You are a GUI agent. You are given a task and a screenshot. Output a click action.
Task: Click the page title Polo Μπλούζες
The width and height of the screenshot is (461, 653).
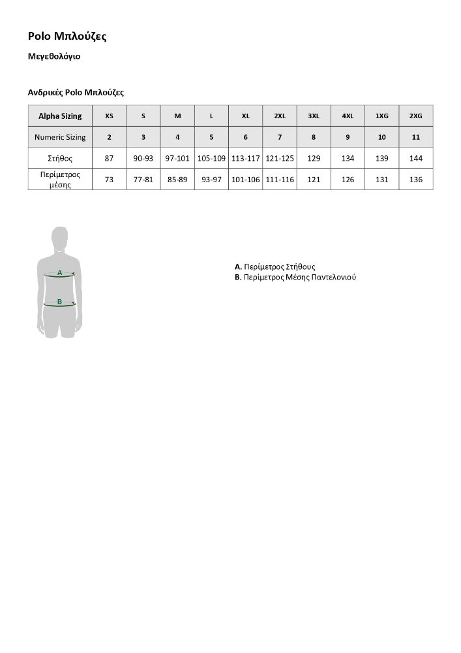(x=67, y=37)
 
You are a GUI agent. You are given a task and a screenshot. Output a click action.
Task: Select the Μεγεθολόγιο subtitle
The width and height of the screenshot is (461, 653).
(x=54, y=57)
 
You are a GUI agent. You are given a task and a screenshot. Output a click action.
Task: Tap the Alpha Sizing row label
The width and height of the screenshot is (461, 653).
(x=60, y=116)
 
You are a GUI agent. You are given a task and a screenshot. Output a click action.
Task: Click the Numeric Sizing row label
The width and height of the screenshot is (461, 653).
(x=60, y=137)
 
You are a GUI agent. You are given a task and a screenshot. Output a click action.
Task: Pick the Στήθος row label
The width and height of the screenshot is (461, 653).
(x=60, y=159)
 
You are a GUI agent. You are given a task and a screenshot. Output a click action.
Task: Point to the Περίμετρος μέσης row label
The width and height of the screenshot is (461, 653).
(x=60, y=180)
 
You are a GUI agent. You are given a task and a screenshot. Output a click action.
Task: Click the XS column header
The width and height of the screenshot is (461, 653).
(x=109, y=116)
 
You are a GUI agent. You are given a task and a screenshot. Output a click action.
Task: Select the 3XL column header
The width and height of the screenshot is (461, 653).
(x=314, y=116)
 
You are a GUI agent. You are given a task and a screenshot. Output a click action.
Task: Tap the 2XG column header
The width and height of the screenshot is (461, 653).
(x=415, y=116)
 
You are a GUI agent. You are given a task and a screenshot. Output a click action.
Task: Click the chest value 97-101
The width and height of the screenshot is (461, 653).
(x=177, y=159)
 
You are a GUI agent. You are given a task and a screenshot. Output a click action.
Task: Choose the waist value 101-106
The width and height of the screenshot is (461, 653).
(x=245, y=180)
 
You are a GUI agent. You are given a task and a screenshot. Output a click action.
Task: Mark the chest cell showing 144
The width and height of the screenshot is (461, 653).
(x=415, y=159)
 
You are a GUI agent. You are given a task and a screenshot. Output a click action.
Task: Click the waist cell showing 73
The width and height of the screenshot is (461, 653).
(x=109, y=180)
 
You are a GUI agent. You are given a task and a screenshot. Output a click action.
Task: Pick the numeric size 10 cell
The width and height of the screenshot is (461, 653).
(x=381, y=137)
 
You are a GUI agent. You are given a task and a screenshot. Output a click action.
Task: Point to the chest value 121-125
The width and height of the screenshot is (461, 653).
(x=280, y=159)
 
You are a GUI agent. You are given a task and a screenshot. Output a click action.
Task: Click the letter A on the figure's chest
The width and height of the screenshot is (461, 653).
(x=59, y=272)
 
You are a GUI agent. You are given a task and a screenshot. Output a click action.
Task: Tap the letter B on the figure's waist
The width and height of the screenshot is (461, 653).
(x=59, y=302)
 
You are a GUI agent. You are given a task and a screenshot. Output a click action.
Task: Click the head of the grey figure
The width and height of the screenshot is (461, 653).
(x=60, y=238)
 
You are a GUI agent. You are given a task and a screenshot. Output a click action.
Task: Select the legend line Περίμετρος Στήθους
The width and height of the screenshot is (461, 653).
(x=275, y=267)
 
